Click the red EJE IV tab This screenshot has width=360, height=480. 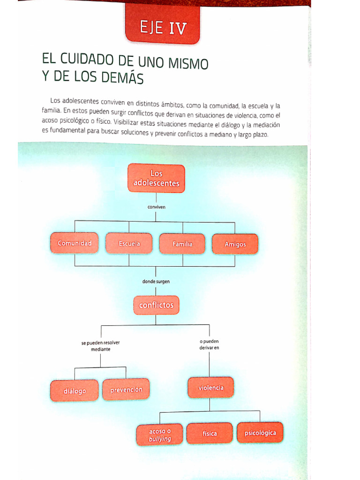click(x=162, y=28)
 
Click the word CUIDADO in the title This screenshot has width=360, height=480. click(x=90, y=60)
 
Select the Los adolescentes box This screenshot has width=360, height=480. click(x=156, y=178)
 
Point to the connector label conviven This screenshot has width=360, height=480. click(x=157, y=206)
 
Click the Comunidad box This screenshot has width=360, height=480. click(x=75, y=243)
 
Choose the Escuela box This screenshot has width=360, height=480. click(x=129, y=244)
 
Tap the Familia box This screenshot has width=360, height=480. click(x=182, y=244)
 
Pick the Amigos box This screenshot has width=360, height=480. click(x=235, y=244)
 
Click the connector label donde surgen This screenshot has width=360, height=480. click(x=156, y=282)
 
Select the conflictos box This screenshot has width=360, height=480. click(x=156, y=305)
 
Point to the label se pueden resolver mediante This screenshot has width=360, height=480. click(x=100, y=346)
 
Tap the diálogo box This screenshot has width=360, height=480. click(x=75, y=390)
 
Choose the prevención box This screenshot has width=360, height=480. click(x=126, y=390)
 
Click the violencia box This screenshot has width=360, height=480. click(x=210, y=388)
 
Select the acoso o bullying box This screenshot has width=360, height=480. click(x=160, y=435)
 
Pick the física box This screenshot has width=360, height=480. click(x=210, y=434)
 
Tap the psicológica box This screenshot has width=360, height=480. click(x=260, y=433)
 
